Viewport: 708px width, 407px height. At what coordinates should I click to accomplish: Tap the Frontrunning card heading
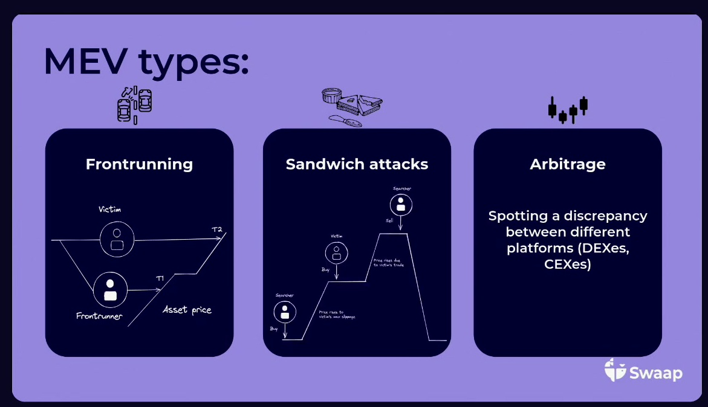(x=139, y=164)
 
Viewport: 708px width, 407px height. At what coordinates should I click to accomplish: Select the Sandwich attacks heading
(x=357, y=164)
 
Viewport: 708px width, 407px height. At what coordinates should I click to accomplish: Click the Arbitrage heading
(x=567, y=164)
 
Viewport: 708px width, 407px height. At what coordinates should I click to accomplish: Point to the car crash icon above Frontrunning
(x=134, y=103)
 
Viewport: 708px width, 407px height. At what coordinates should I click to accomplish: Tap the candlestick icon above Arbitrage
(x=568, y=109)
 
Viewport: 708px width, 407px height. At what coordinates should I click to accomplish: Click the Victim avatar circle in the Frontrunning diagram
(x=117, y=238)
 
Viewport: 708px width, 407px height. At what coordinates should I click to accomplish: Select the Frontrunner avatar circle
(x=110, y=290)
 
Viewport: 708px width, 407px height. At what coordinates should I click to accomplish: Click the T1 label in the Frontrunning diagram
(x=160, y=278)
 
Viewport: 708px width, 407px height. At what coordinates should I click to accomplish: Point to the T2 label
(x=216, y=230)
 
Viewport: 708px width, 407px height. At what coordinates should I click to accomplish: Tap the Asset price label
(x=187, y=310)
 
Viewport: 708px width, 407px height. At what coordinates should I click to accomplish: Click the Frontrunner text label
(x=99, y=316)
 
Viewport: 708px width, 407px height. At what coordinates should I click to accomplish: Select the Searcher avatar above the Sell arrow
(x=401, y=205)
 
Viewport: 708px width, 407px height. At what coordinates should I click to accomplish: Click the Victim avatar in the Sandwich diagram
(x=336, y=252)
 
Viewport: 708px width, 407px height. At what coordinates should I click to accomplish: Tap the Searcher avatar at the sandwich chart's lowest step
(x=284, y=312)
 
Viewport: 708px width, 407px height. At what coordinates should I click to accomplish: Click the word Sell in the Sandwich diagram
(x=390, y=221)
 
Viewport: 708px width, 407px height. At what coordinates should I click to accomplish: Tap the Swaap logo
(x=643, y=371)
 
